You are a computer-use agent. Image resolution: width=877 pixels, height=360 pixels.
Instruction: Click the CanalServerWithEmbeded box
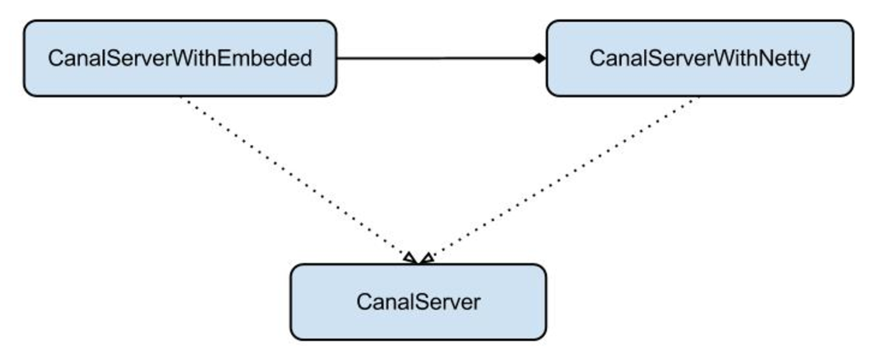point(180,58)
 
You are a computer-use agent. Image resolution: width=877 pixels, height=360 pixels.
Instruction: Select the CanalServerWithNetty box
point(700,58)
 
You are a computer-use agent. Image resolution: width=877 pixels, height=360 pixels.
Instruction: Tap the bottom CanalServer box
point(418,302)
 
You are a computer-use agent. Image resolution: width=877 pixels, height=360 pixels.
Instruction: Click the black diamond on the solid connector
point(539,58)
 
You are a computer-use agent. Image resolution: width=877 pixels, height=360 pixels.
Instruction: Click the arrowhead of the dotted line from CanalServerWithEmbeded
point(411,258)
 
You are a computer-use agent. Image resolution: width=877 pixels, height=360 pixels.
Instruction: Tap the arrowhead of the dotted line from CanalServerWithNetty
point(427,258)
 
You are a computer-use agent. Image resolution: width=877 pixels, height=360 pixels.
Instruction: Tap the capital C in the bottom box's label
point(364,302)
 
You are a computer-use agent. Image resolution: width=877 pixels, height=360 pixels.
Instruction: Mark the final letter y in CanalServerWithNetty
point(804,61)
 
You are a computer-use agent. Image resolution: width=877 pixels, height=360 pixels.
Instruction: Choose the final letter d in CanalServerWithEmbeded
point(305,58)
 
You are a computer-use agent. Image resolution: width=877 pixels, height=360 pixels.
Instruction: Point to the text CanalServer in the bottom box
point(418,302)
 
